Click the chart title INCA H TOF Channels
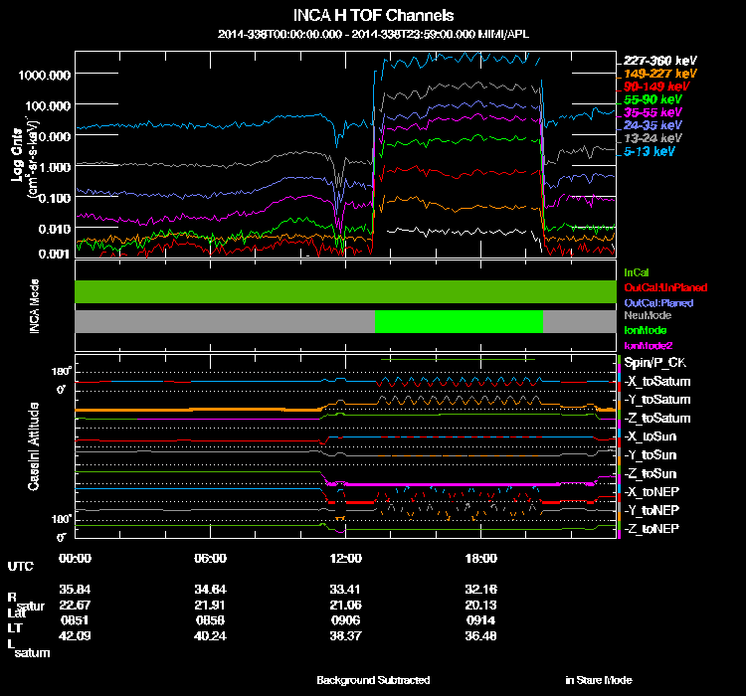click(374, 15)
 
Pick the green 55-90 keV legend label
click(653, 99)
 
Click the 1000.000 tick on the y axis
click(43, 75)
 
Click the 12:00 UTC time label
click(341, 558)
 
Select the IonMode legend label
click(645, 329)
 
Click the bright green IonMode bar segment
click(459, 321)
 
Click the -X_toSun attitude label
click(652, 436)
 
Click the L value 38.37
click(341, 635)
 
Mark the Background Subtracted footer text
click(373, 680)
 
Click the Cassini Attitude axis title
click(34, 445)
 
